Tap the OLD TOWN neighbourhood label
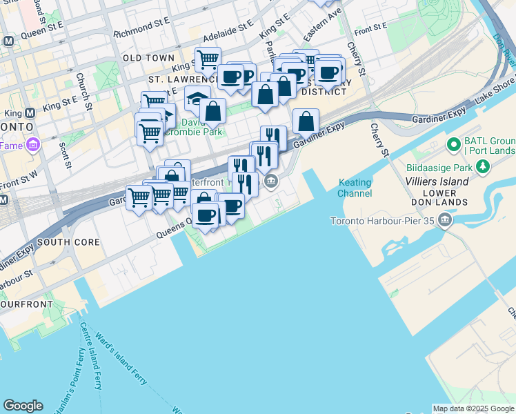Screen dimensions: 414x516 [148, 58]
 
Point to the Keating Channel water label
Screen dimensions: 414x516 [355, 188]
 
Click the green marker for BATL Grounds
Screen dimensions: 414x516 [453, 145]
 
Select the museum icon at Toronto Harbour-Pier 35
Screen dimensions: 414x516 [444, 221]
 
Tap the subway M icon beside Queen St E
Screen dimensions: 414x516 [8, 41]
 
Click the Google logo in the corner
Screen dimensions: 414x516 [23, 406]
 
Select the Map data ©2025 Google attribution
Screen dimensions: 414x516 [473, 408]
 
